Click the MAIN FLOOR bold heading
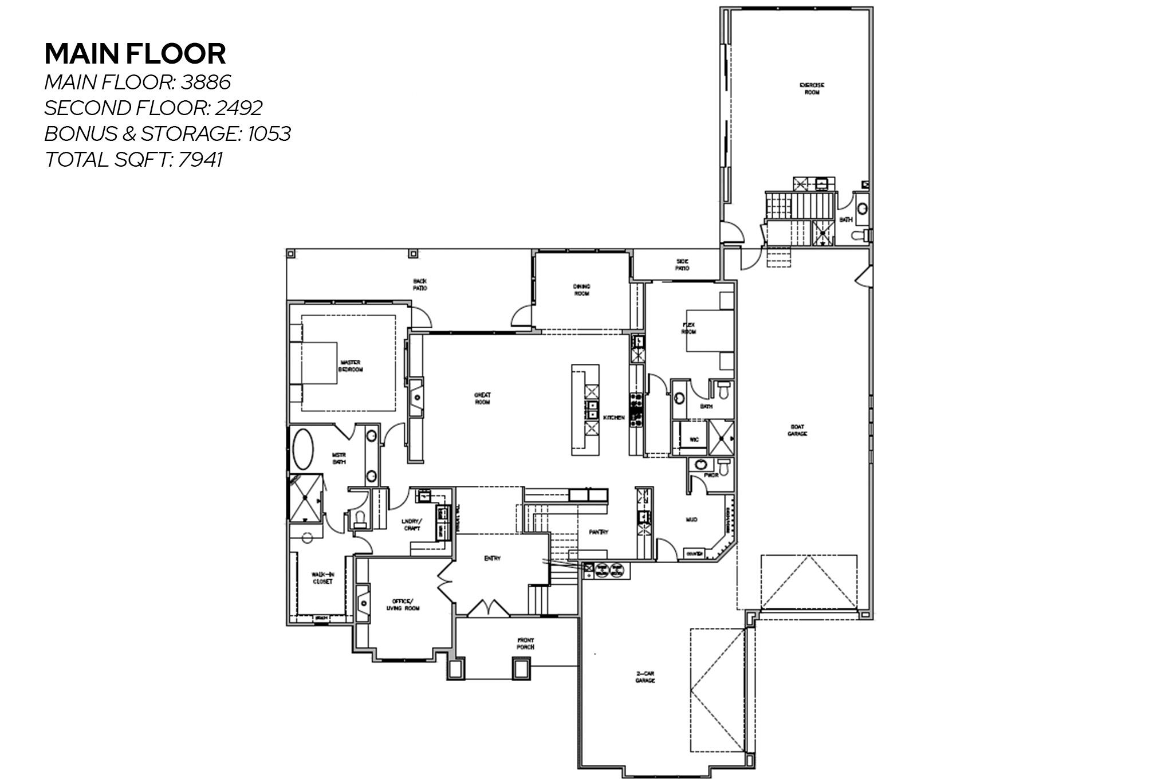pos(135,54)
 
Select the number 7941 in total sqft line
pos(200,159)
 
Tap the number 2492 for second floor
pos(239,108)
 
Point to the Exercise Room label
pos(812,88)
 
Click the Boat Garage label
pos(797,430)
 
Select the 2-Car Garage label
pos(645,677)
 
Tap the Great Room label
pos(482,398)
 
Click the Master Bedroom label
pos(351,366)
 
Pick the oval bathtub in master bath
pos(303,450)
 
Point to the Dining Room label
pos(581,289)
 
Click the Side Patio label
pos(682,264)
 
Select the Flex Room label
pos(688,328)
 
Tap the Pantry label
pos(599,532)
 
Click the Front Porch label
pos(525,643)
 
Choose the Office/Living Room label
pos(403,604)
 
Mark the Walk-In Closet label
pos(322,577)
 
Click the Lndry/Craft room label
pos(412,524)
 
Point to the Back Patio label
pos(420,284)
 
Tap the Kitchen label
pos(613,418)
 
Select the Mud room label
pos(691,520)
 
